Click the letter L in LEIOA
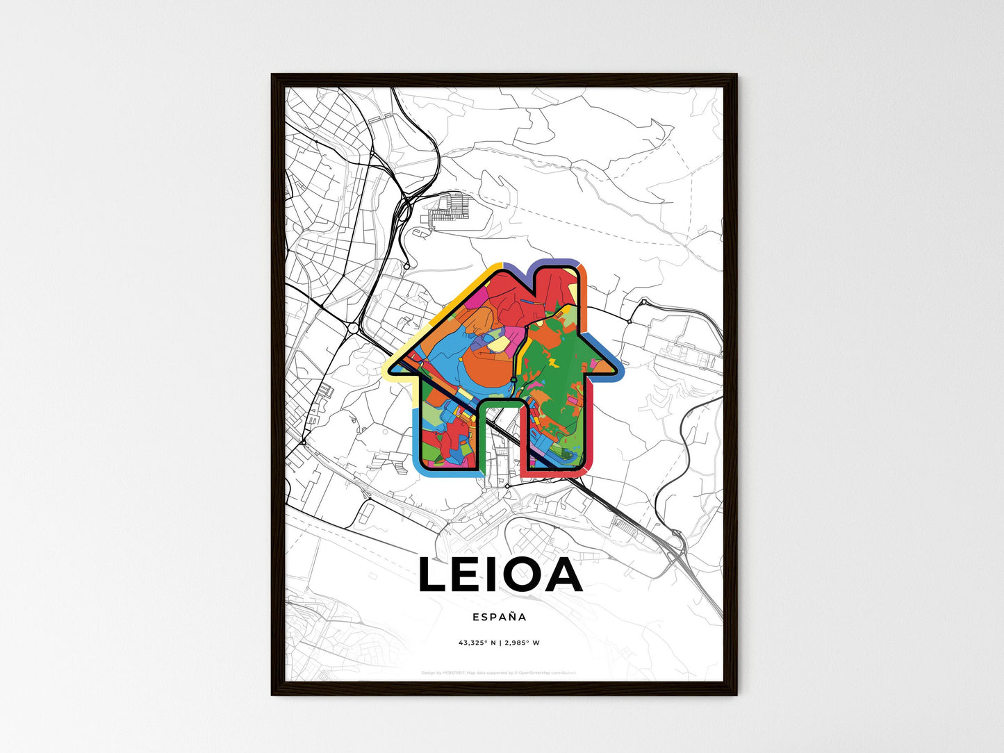coord(434,576)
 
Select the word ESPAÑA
coord(500,617)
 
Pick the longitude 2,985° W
coord(522,643)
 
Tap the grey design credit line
coord(499,673)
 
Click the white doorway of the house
coord(500,438)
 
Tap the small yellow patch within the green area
coord(554,362)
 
